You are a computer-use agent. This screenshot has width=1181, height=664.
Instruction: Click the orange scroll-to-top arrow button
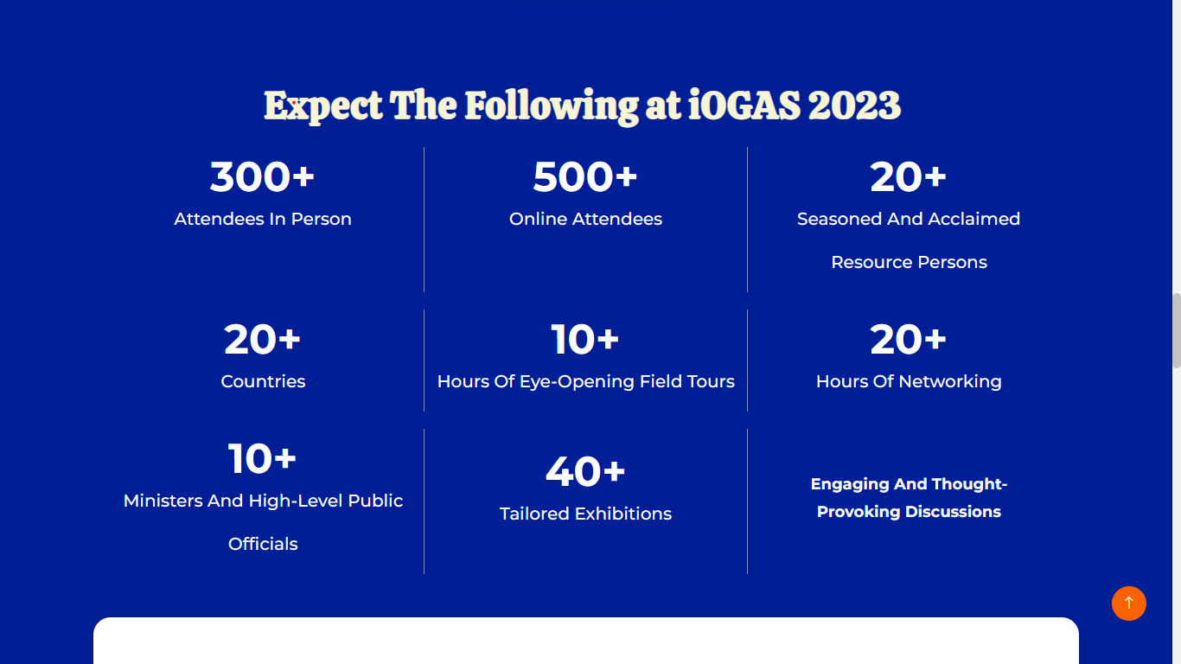(1129, 603)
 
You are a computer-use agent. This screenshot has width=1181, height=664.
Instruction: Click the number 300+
(262, 176)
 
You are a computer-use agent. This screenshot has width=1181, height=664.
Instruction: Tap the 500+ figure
(585, 176)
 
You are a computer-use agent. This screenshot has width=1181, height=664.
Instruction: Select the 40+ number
(585, 471)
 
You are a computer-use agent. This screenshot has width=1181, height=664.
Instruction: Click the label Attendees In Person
(263, 219)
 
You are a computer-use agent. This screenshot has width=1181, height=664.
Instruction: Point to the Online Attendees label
(585, 219)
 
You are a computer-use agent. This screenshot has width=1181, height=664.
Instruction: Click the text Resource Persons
(909, 262)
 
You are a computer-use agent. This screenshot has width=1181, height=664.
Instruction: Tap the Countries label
(263, 381)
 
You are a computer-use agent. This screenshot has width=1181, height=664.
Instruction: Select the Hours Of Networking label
(909, 381)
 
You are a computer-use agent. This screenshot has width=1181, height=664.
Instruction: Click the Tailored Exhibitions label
(585, 514)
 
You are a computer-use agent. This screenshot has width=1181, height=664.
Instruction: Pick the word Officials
(263, 544)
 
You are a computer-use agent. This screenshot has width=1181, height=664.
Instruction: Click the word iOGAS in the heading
(744, 105)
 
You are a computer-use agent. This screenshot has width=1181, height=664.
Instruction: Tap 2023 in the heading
(854, 105)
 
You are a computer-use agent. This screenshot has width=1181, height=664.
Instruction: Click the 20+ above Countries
(262, 339)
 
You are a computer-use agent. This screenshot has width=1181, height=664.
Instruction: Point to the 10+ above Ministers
(262, 458)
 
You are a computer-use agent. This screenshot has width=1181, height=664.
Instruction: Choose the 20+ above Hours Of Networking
(908, 339)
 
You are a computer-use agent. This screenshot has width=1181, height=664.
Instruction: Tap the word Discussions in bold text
(953, 512)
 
